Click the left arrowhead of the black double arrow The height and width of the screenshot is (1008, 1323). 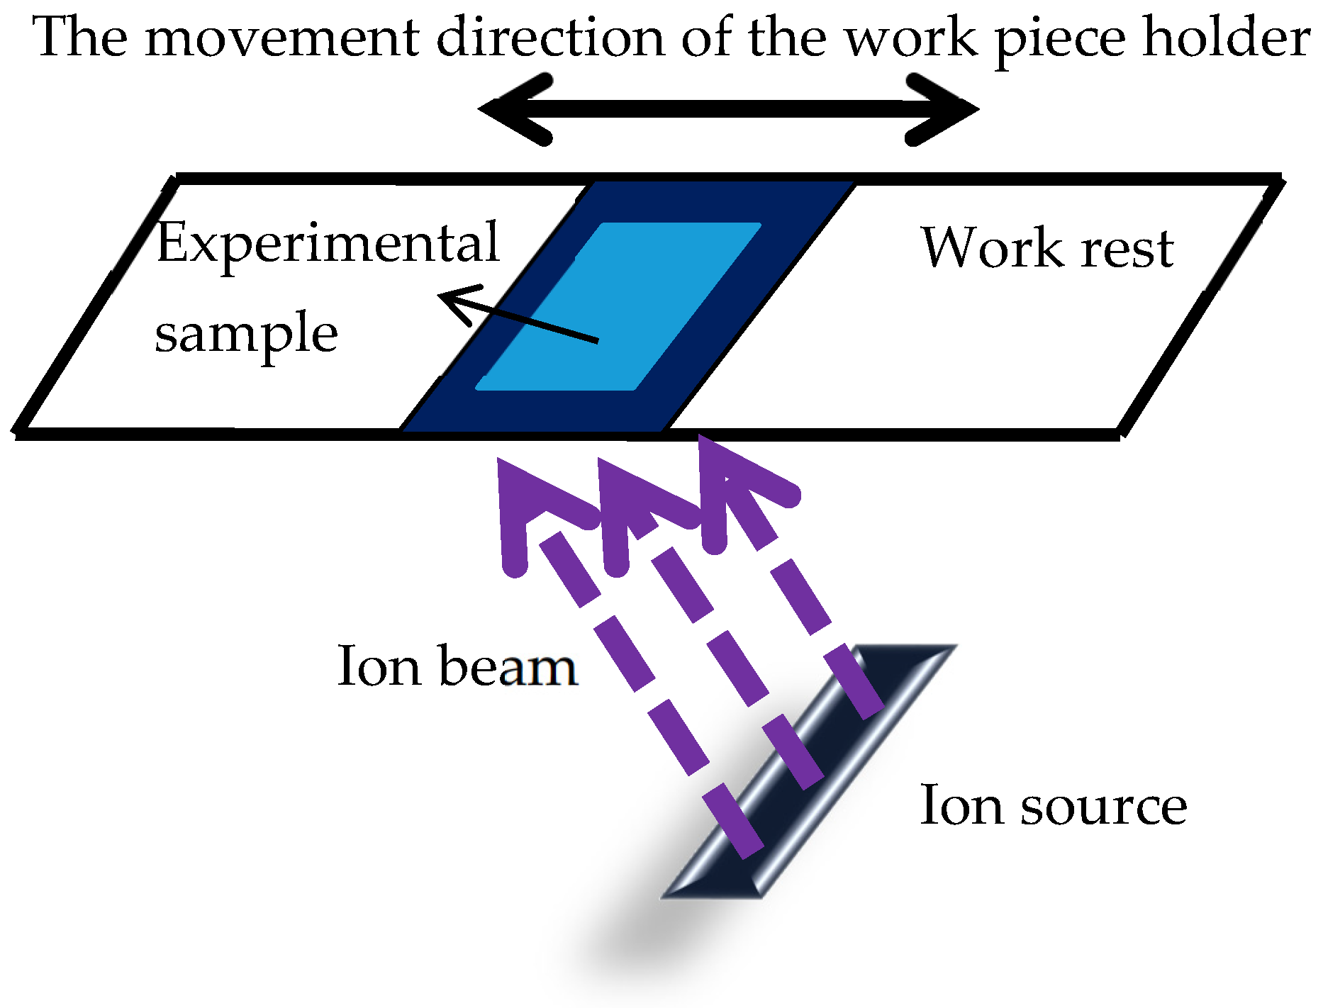click(x=510, y=109)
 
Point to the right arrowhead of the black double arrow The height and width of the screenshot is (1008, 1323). click(x=947, y=109)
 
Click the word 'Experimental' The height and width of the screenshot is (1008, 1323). click(x=328, y=243)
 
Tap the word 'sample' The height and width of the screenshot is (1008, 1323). click(x=246, y=333)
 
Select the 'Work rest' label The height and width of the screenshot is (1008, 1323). click(x=1047, y=248)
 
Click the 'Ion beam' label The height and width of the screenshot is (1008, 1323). click(x=457, y=666)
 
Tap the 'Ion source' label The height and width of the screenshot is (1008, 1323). click(x=1053, y=806)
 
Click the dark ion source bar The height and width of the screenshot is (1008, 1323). click(x=808, y=773)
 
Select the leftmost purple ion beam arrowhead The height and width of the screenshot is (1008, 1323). click(x=525, y=496)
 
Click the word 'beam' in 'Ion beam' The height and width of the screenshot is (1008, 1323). click(x=508, y=666)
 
